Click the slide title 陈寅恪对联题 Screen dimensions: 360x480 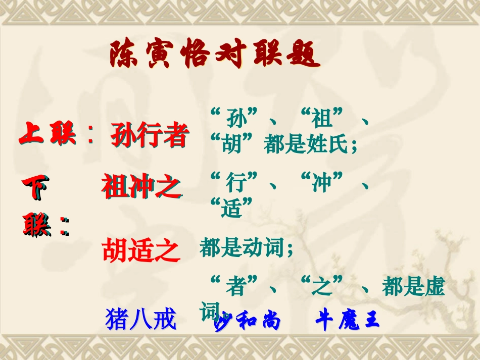pos(215,55)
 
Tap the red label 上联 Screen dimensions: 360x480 pos(49,135)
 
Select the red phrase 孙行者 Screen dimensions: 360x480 pos(149,136)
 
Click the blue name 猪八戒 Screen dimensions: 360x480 pos(141,320)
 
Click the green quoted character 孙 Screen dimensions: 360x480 pos(233,120)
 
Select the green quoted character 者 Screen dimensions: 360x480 pos(235,287)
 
